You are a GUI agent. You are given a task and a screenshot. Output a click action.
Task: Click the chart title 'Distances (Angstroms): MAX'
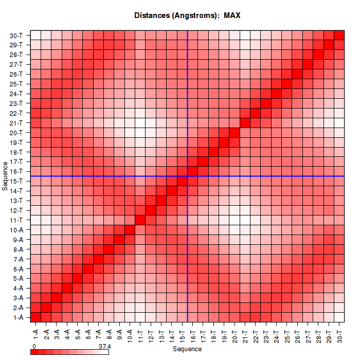coord(187,15)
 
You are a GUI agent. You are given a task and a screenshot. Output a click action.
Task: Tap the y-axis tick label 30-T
coord(16,35)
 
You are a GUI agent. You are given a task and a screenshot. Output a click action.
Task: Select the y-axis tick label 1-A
coord(17,317)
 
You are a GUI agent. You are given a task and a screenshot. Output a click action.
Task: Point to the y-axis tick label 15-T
coord(16,181)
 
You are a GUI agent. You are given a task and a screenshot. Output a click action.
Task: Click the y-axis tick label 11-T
coord(16,220)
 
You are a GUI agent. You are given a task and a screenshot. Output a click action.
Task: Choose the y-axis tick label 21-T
coord(16,123)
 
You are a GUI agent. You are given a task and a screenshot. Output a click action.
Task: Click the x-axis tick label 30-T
coord(339,332)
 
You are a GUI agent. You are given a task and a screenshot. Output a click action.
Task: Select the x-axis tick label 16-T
coord(193,332)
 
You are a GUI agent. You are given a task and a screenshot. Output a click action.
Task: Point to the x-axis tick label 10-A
coord(130,332)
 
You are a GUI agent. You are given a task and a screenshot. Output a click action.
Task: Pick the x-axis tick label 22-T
coord(256,332)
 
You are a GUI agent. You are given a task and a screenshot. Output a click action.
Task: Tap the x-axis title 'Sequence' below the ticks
coord(187,349)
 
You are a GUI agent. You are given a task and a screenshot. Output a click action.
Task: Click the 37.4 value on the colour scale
coord(104,346)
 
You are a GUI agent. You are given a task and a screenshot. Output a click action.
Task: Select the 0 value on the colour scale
coord(34,346)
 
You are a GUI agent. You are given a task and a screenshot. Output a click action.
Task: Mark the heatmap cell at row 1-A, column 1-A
coord(36,317)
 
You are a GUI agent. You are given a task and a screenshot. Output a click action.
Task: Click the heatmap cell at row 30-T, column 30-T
coord(339,35)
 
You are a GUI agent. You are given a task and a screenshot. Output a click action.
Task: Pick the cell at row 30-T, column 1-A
coord(36,35)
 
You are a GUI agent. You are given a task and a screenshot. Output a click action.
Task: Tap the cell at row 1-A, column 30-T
coord(339,317)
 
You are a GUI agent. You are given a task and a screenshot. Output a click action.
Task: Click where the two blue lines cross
coord(188,176)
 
